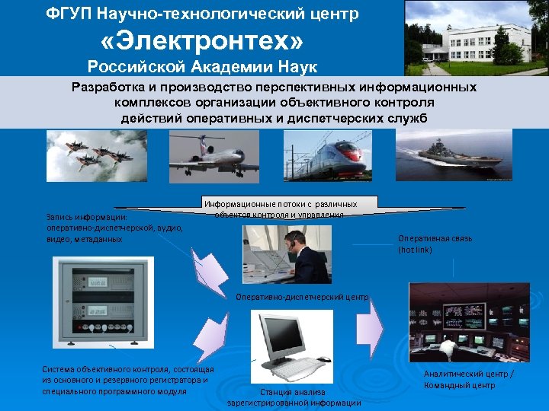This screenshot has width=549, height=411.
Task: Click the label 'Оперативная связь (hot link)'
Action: click(x=435, y=244)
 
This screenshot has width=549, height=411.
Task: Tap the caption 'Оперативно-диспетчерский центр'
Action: click(x=303, y=297)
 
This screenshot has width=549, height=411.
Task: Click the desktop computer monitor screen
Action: click(x=286, y=335)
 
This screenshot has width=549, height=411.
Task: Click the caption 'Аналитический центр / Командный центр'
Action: click(x=469, y=379)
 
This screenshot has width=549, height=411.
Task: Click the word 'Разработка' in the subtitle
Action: click(x=108, y=88)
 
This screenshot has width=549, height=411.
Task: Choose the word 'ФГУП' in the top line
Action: click(x=68, y=14)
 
